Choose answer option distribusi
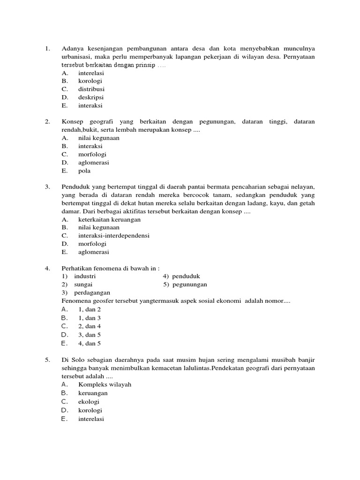click(x=91, y=89)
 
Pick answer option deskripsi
click(x=91, y=97)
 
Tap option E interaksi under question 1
click(x=90, y=105)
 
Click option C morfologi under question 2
click(x=92, y=154)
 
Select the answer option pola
click(x=84, y=171)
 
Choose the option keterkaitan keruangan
click(x=109, y=219)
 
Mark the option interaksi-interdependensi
click(x=113, y=235)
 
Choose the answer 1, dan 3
click(x=90, y=318)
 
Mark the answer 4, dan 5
click(x=90, y=343)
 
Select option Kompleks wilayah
click(x=105, y=384)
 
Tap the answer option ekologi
click(x=89, y=402)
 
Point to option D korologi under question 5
click(x=90, y=410)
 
